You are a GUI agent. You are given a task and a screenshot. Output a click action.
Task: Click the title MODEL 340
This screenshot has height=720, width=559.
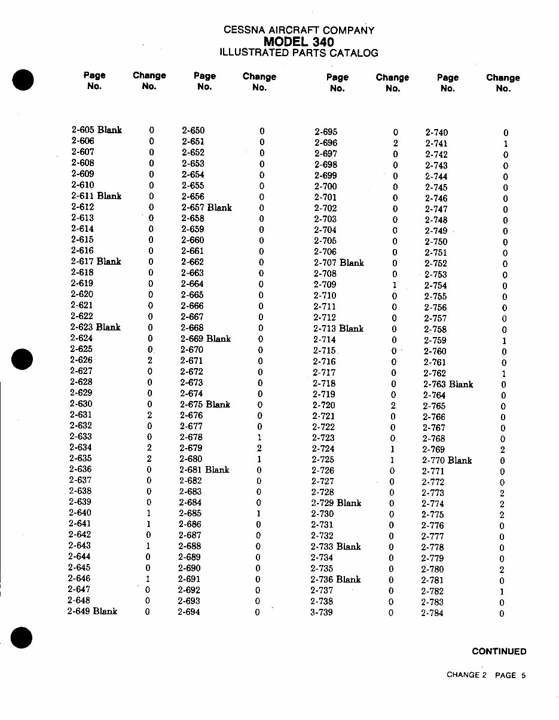(299, 41)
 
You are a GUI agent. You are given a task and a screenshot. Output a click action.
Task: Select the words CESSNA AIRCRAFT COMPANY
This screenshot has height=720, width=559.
(299, 30)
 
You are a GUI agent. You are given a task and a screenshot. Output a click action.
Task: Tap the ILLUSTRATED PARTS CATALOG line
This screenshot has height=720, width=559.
(299, 53)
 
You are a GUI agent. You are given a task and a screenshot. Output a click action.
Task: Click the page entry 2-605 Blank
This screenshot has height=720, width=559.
(96, 130)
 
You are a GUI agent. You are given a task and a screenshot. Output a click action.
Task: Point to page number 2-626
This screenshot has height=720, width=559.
(81, 360)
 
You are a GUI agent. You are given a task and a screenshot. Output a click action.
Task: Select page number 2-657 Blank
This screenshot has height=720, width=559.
(206, 207)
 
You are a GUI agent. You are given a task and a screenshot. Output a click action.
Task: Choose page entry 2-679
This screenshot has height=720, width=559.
(191, 448)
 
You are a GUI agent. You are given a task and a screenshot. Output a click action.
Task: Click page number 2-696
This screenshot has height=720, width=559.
(326, 143)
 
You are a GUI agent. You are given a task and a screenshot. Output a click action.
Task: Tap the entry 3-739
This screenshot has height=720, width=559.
(322, 612)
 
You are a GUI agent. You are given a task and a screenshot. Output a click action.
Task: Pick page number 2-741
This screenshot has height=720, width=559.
(436, 143)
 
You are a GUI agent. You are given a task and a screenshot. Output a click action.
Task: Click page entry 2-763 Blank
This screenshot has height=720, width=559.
(448, 384)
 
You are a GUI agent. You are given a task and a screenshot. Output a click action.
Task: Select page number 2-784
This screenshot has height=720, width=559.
(432, 613)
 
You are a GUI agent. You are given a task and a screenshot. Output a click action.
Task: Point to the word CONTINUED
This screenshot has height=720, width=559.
(499, 651)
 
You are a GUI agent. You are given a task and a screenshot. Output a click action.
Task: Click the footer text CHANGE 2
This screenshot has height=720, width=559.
(466, 675)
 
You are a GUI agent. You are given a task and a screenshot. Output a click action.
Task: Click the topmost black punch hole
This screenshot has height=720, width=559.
(22, 79)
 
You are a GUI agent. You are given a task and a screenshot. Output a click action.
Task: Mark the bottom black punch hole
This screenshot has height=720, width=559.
(22, 638)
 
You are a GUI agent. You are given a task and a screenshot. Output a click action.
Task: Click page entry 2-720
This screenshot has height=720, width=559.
(323, 405)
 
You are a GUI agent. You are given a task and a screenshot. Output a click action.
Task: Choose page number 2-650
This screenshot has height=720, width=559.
(193, 130)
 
